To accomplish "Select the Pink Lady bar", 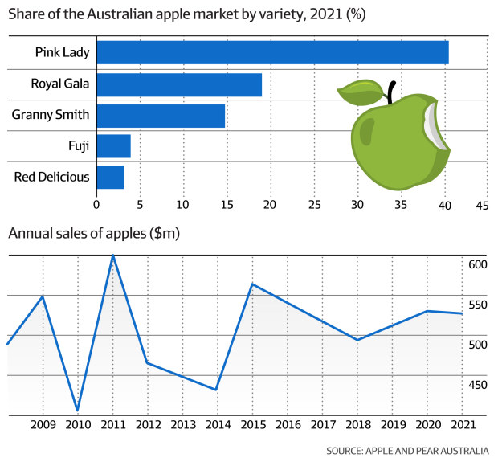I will tap(272, 53).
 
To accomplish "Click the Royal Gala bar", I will tap(179, 84).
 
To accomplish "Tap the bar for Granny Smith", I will tap(161, 116).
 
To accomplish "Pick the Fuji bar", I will tap(113, 146).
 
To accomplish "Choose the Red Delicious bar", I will tap(110, 177).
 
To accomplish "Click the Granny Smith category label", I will tap(51, 115).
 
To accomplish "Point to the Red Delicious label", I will tap(51, 177).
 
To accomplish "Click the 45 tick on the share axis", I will tap(482, 205).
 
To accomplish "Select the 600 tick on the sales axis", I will tap(477, 265).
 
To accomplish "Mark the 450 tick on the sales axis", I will tap(477, 385).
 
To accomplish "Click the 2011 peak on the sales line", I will tap(113, 255).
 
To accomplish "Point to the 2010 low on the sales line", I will tap(78, 411).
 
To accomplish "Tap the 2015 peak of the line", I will tap(252, 284).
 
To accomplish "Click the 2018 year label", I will tap(357, 423).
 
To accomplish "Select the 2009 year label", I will tap(43, 423).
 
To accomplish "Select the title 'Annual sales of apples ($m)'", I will tap(94, 234).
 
